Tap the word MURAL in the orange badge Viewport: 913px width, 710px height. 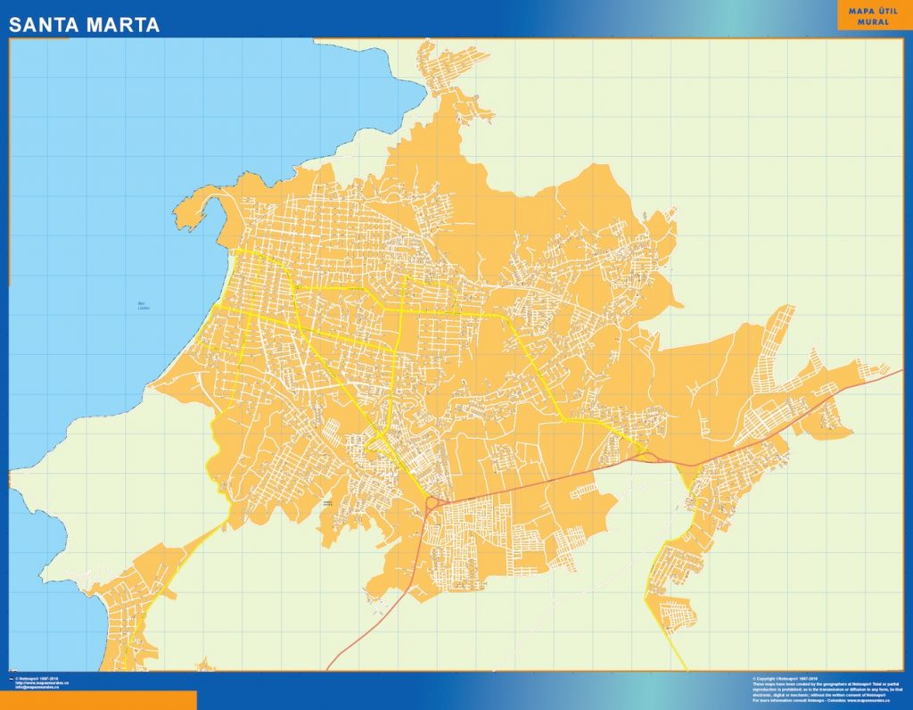tap(873, 21)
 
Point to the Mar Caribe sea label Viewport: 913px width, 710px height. tap(144, 306)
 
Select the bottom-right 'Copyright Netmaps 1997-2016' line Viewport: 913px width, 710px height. tap(785, 678)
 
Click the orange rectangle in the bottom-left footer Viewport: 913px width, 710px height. tap(98, 700)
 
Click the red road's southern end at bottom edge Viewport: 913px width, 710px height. tap(328, 668)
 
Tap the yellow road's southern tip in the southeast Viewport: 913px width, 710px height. tap(685, 667)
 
